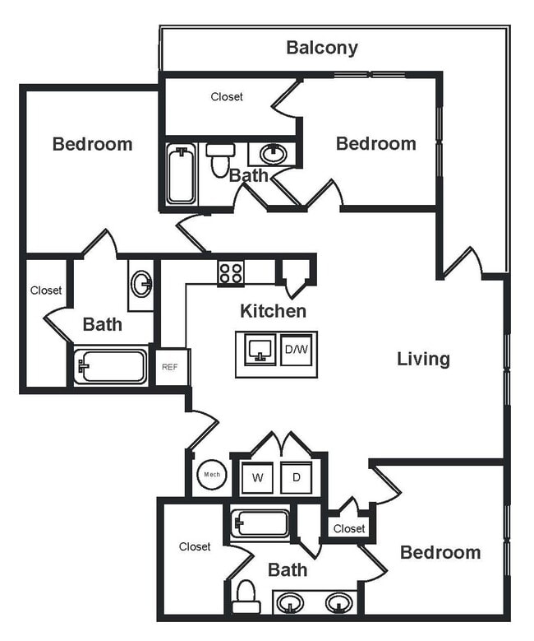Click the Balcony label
pos(321,48)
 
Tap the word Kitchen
pos(273,311)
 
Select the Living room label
pos(423,359)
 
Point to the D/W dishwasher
pos(297,350)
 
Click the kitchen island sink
pos(259,350)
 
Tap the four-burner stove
pos(230,272)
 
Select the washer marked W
pos(256,477)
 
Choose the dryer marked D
pos(295,477)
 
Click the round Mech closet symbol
pos(211,475)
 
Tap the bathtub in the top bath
pos(182,174)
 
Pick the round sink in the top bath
pos(272,154)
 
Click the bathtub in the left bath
pos(111,366)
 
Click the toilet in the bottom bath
pos(246,597)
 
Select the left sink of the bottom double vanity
pos(288,602)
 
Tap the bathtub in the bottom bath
pos(260,523)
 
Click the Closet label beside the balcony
pos(227,97)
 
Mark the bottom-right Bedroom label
pos(440,552)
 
